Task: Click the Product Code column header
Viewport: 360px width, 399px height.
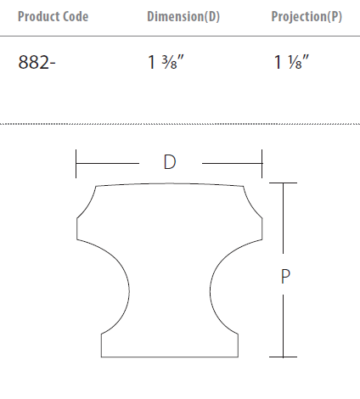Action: click(53, 17)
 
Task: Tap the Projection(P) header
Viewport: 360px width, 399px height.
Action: click(307, 17)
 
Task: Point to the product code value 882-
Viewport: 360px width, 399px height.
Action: click(36, 63)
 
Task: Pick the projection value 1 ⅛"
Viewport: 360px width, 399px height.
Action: click(291, 63)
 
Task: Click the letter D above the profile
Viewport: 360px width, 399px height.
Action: click(170, 162)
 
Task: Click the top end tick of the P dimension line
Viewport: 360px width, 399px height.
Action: click(284, 183)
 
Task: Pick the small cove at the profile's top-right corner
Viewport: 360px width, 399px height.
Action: click(250, 204)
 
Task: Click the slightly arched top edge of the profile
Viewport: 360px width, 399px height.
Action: click(169, 183)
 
